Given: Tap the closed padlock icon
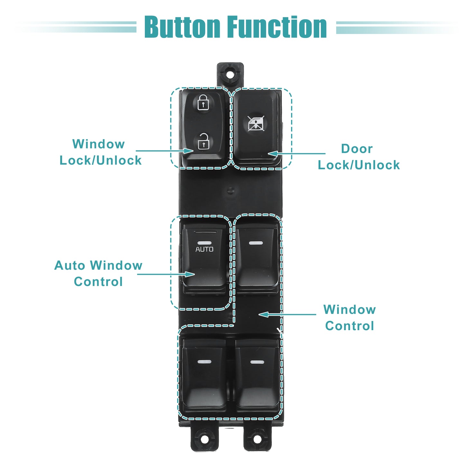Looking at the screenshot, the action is pos(203,103).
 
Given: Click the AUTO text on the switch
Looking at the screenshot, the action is pos(204,249).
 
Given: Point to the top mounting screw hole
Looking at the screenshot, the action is pos(230,75).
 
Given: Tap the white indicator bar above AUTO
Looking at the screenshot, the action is pos(204,243).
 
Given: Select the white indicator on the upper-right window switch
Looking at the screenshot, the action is pos(256,243).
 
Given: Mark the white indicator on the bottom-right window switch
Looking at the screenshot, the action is pos(257,362).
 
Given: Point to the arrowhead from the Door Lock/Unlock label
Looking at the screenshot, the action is pos(273,153).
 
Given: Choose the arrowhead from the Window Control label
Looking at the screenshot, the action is pos(264,314).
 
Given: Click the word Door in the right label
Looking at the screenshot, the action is pos(357,149).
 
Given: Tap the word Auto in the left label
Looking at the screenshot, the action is pos(70,265).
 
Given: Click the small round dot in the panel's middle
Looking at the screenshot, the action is pos(231,191).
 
